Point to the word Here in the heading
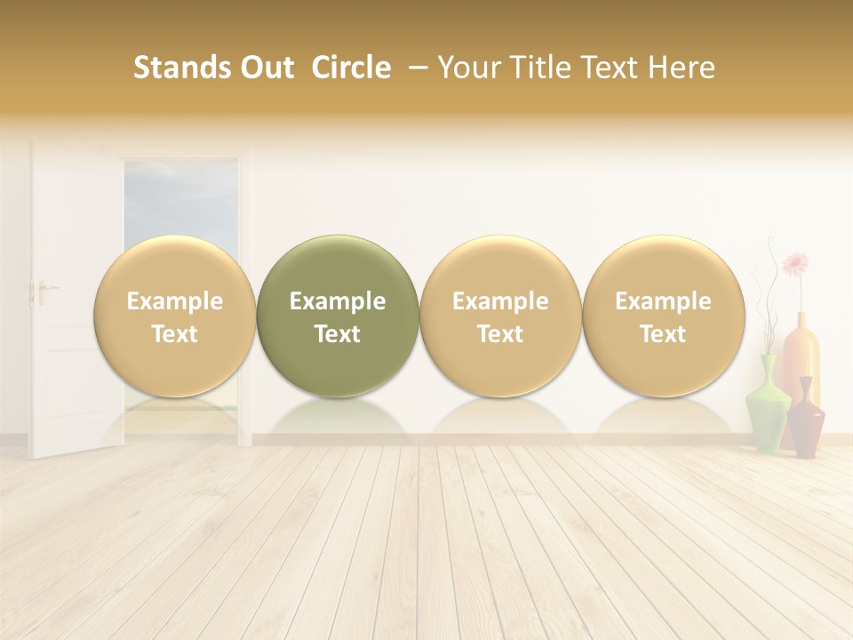coord(682,68)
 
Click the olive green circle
coord(338,316)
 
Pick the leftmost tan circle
coord(175,316)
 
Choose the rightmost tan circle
coord(663,316)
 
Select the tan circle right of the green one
coord(500,316)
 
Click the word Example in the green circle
coord(338,301)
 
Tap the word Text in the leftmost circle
coord(175,334)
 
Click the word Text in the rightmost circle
coord(663,334)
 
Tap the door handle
coord(42,290)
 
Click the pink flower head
coord(796,264)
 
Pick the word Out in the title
coord(264,68)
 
